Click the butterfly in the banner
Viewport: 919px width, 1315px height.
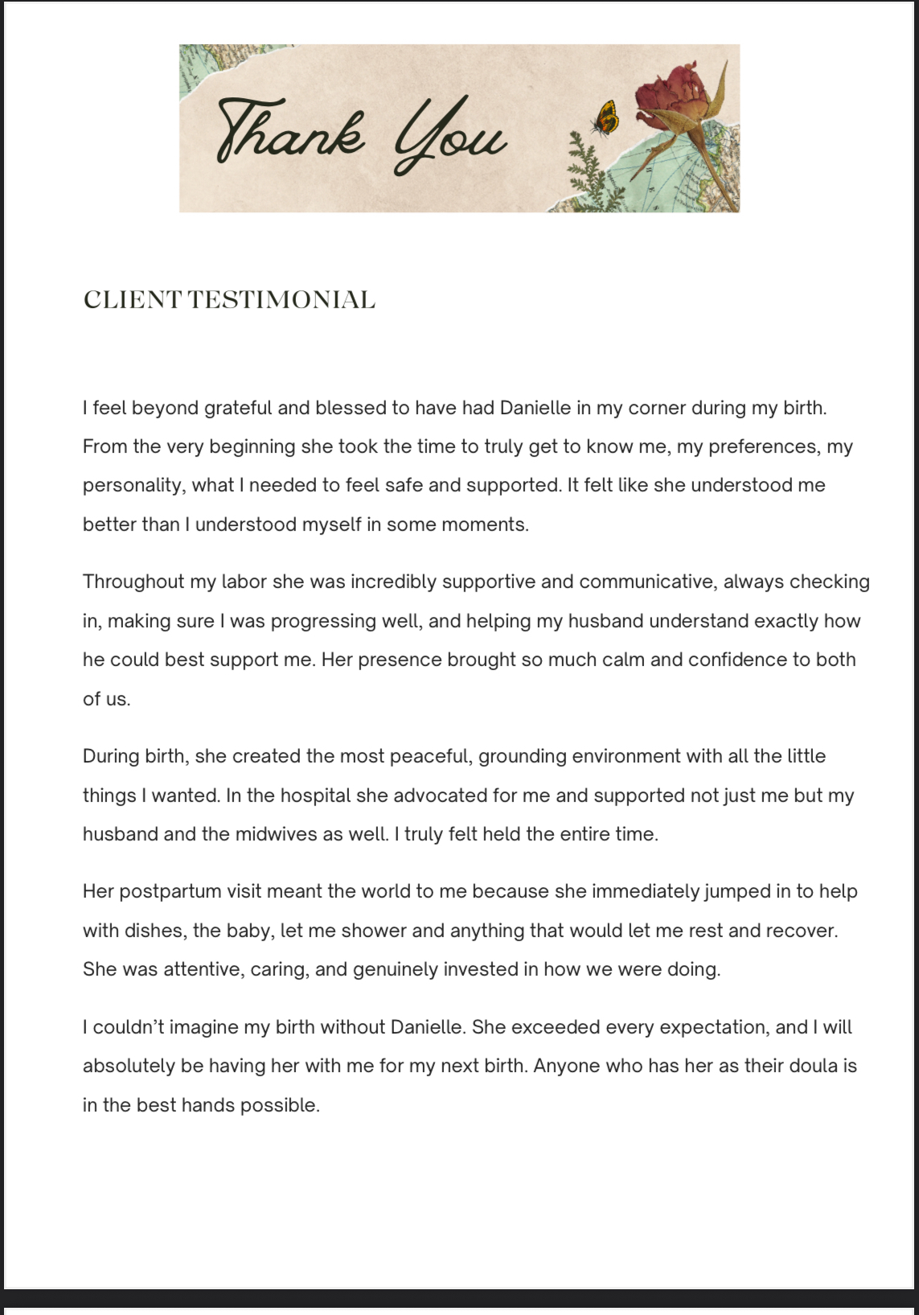click(x=605, y=118)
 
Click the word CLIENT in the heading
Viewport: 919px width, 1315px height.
click(x=133, y=300)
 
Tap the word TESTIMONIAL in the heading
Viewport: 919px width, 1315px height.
click(x=281, y=300)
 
